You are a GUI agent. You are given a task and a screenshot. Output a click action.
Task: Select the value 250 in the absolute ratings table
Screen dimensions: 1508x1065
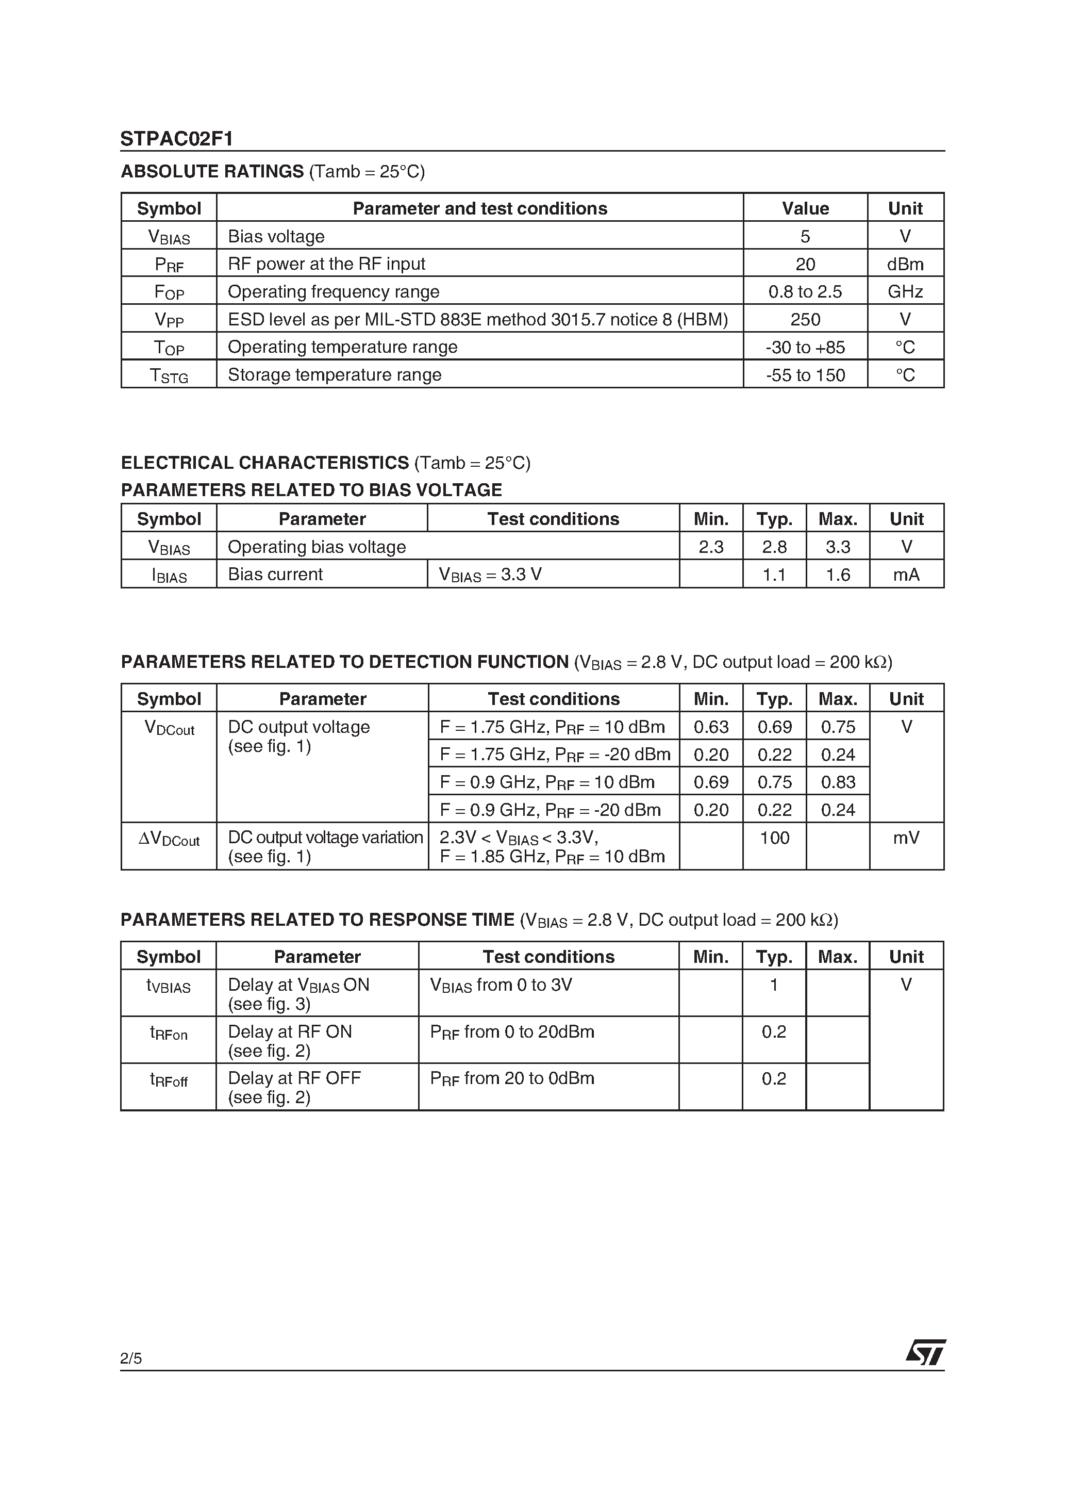point(805,319)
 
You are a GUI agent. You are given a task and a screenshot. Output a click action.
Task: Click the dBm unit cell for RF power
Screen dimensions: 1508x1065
point(905,264)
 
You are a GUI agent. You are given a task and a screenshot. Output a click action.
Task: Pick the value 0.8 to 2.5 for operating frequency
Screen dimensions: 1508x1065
point(805,291)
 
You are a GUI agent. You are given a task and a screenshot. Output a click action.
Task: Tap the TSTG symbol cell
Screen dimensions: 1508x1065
point(169,375)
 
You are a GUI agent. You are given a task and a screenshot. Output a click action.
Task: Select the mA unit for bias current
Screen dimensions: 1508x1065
point(906,575)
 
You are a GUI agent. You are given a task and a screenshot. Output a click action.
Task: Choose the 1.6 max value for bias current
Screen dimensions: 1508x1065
point(838,575)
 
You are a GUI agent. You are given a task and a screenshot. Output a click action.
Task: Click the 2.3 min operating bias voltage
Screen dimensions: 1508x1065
point(710,547)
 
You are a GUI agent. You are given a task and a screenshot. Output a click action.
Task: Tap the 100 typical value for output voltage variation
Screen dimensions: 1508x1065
point(774,838)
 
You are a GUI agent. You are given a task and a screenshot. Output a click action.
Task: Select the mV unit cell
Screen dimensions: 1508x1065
point(906,838)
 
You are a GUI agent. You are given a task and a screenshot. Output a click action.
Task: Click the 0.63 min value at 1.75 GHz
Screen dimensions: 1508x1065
point(710,727)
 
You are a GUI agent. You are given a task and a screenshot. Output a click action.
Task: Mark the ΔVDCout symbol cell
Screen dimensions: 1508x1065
point(169,840)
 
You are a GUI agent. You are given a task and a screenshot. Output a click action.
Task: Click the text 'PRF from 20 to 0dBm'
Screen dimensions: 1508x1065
point(512,1078)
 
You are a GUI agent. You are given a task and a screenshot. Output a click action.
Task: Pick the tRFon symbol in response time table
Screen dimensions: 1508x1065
point(169,1033)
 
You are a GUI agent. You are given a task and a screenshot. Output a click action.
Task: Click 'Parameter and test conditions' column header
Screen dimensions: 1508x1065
point(479,208)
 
